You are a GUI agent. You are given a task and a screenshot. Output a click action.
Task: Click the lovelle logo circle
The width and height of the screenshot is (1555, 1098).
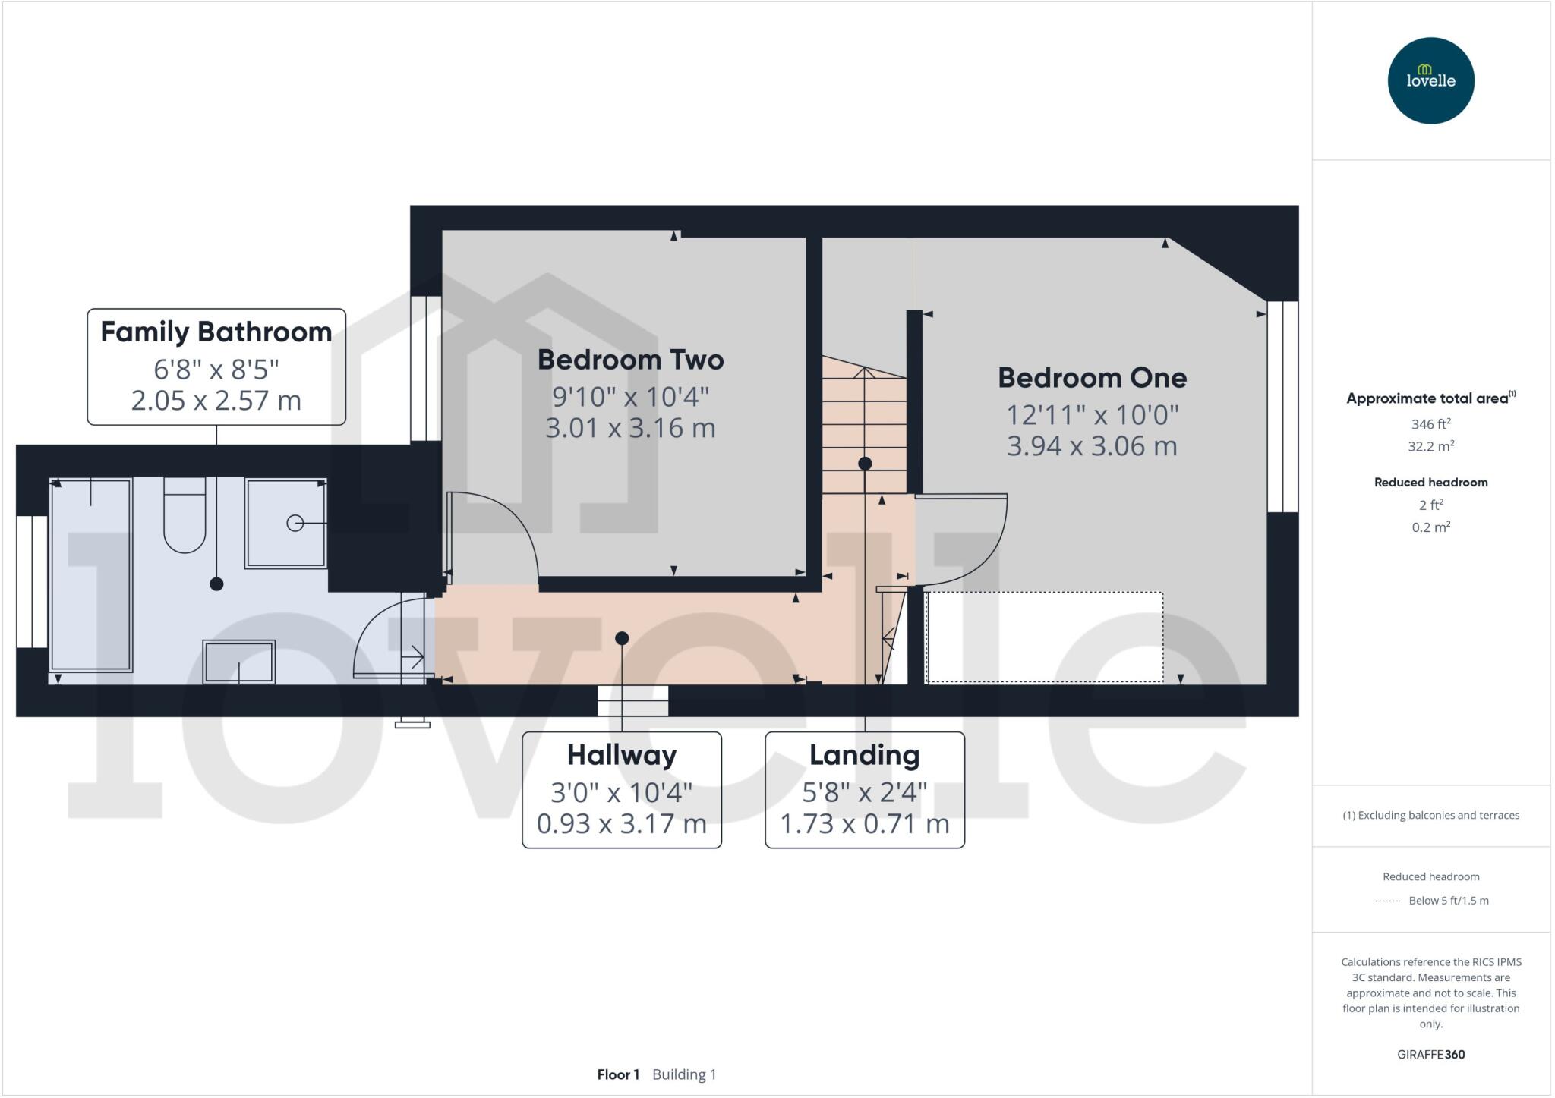tap(1430, 80)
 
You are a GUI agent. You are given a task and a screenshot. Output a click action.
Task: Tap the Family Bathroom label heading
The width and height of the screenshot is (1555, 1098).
tap(216, 332)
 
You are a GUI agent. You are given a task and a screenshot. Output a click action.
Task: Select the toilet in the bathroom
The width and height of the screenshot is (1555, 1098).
tap(185, 516)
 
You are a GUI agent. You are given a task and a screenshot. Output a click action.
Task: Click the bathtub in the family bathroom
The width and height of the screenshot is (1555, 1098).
tap(90, 575)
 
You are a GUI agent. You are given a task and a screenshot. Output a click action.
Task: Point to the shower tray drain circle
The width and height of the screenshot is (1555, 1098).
tap(295, 523)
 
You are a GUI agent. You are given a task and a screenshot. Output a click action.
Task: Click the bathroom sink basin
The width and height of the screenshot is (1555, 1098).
tap(239, 662)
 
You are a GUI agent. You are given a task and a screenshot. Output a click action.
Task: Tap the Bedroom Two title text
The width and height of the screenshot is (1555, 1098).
tap(630, 360)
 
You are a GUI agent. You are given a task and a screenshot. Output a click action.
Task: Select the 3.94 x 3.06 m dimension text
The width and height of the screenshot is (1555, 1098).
tap(1092, 446)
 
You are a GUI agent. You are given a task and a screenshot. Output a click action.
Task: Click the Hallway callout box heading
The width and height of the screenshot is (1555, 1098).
tap(621, 755)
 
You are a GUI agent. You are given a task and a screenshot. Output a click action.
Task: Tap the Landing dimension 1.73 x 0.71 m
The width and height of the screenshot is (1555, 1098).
tap(864, 823)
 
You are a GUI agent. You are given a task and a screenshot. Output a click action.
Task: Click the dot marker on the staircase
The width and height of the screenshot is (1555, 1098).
tap(865, 463)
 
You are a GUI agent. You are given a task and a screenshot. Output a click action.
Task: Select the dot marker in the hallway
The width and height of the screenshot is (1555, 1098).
tap(622, 638)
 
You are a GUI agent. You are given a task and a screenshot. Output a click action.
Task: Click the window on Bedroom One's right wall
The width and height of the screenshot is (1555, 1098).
tap(1282, 407)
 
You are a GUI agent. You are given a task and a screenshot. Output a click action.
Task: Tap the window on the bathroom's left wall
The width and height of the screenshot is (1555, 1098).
tap(32, 582)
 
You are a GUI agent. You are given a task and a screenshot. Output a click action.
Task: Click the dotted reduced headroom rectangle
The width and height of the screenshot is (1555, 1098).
tap(1045, 637)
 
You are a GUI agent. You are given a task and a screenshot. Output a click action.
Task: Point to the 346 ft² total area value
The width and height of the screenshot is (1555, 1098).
tap(1430, 424)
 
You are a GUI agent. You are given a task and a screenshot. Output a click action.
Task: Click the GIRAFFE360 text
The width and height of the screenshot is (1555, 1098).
tap(1430, 1054)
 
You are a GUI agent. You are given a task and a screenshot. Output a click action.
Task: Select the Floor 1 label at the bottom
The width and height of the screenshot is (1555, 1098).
tap(618, 1074)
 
